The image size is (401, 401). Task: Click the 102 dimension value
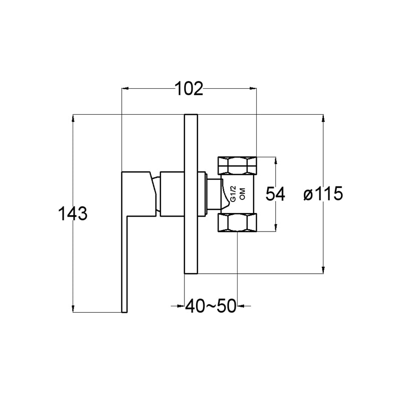tap(189, 89)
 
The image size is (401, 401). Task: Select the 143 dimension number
tap(73, 214)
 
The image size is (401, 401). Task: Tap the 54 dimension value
tap(275, 194)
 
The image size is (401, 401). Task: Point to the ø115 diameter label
tap(323, 193)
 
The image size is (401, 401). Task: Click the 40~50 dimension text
tap(211, 306)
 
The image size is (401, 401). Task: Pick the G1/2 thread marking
tap(233, 194)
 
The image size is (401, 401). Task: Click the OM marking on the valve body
tap(242, 194)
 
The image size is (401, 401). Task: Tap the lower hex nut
tap(237, 223)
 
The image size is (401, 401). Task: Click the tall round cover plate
tap(191, 194)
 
